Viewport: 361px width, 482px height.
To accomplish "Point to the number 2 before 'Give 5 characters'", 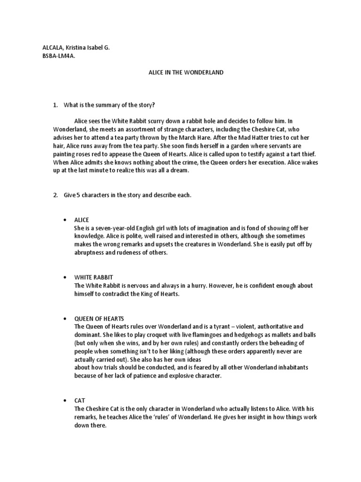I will pos(55,195).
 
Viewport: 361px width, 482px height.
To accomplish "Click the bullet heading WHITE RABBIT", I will pos(94,278).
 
